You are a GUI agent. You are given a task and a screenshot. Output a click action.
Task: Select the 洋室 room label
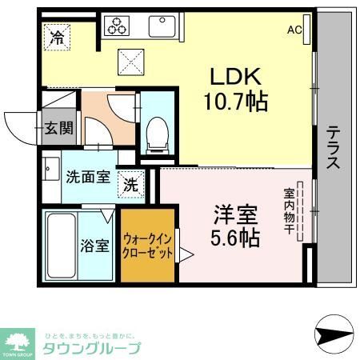pyautogui.click(x=235, y=214)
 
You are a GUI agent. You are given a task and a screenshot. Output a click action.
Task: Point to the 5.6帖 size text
pyautogui.click(x=236, y=238)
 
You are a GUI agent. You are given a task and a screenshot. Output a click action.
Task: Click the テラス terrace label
pyautogui.click(x=334, y=147)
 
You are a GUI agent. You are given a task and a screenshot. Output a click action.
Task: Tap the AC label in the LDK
pyautogui.click(x=295, y=30)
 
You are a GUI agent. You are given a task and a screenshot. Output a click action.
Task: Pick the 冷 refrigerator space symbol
pyautogui.click(x=58, y=35)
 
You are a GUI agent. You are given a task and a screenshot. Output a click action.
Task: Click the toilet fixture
pyautogui.click(x=158, y=132)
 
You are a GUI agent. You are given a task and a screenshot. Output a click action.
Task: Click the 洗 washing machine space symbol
pyautogui.click(x=130, y=184)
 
